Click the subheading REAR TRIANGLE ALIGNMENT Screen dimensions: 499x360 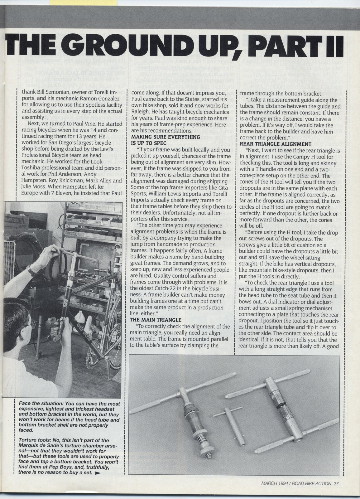tap(276, 144)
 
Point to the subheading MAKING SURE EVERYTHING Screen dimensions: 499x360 tap(165, 137)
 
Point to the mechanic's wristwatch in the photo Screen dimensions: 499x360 tap(32, 269)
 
